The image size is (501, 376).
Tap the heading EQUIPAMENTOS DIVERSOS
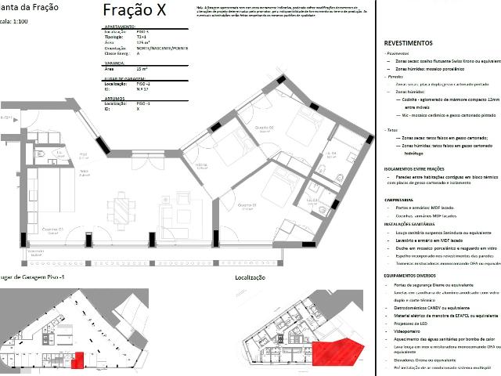420,276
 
